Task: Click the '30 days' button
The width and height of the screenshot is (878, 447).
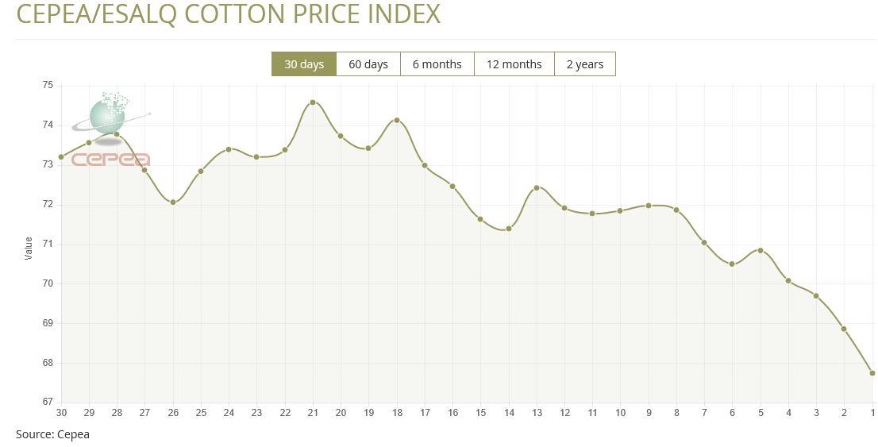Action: (304, 64)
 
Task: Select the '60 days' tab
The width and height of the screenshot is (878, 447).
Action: (368, 64)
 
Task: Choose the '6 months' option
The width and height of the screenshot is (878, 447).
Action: (437, 64)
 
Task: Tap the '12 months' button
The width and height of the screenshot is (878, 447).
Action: (514, 64)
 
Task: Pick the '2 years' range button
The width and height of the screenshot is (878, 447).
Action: (584, 64)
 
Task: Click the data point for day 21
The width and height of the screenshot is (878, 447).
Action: (313, 102)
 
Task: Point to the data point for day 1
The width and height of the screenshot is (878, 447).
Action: (872, 373)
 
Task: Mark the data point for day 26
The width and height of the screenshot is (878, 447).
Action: (173, 202)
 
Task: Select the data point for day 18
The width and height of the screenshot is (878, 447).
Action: (397, 121)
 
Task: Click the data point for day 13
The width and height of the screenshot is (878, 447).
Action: (537, 188)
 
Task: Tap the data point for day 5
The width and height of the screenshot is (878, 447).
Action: (761, 251)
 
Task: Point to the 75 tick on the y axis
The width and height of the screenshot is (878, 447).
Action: (48, 85)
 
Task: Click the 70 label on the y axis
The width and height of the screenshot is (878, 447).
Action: (48, 283)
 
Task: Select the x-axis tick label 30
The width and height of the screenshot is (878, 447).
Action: (61, 413)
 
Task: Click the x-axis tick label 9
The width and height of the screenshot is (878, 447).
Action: (649, 413)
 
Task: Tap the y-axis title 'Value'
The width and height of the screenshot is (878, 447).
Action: (29, 248)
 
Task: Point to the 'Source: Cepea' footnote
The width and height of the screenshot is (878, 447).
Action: (52, 434)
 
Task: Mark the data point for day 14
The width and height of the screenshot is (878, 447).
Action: (509, 229)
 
